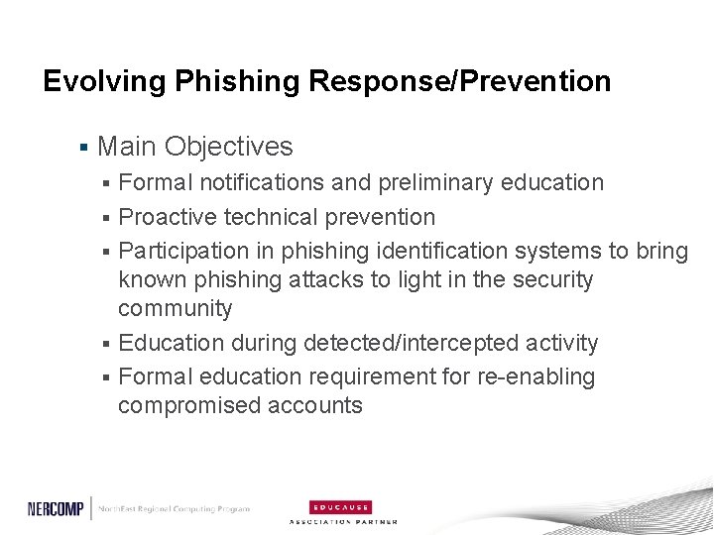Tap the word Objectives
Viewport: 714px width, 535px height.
229,147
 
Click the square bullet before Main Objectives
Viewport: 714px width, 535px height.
84,148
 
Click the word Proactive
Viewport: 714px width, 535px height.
171,216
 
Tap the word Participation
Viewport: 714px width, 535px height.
185,251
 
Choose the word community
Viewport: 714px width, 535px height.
176,308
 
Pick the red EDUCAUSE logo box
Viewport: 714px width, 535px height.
342,504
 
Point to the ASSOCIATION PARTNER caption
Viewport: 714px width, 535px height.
343,520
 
